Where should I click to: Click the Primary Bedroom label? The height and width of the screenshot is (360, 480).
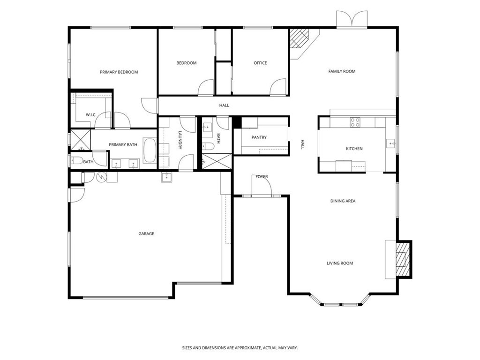click(x=119, y=72)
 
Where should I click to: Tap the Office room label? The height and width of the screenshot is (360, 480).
click(x=260, y=63)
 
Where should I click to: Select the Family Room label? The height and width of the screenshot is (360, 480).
click(x=342, y=71)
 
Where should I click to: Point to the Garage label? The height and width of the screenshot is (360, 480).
click(x=146, y=233)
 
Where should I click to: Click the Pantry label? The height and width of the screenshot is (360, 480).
click(x=259, y=137)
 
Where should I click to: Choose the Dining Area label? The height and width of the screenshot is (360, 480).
click(x=343, y=201)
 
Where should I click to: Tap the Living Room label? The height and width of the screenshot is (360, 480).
click(x=340, y=263)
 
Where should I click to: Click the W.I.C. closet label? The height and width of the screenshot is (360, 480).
click(x=91, y=115)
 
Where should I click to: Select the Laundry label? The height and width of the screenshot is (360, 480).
click(x=180, y=140)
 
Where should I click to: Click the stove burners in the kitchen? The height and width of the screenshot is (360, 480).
click(x=355, y=122)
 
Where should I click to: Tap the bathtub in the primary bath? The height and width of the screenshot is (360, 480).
click(x=150, y=150)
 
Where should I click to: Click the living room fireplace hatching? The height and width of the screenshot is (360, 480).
click(x=402, y=259)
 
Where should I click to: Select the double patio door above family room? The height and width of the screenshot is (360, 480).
click(x=352, y=19)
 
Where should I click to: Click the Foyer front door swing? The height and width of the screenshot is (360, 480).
click(x=262, y=185)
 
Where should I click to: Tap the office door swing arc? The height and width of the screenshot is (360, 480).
click(x=277, y=87)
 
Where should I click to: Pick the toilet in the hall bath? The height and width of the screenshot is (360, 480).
click(x=209, y=147)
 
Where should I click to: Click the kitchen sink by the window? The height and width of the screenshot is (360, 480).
click(x=390, y=143)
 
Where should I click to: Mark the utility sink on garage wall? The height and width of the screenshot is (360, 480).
click(x=167, y=177)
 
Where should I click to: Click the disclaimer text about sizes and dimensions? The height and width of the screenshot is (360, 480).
click(x=240, y=348)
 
